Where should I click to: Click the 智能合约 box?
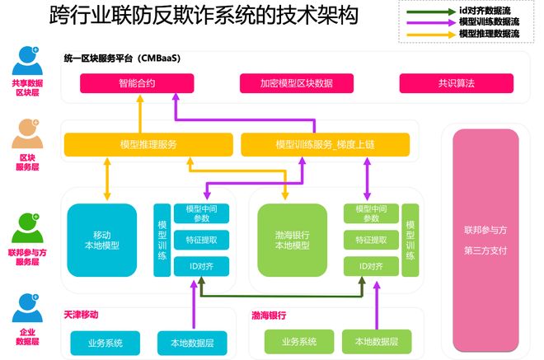[x=137, y=83]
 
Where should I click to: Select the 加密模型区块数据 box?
[x=297, y=83]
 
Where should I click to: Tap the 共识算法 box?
[x=457, y=83]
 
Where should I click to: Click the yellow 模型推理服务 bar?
[x=148, y=145]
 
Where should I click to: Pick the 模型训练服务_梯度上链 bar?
[x=325, y=145]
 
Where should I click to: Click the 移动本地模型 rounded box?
[x=101, y=240]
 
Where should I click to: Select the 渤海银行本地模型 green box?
[x=292, y=240]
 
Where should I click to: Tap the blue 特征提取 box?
[x=201, y=240]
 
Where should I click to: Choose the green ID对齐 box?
[x=371, y=266]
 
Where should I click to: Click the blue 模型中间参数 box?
[x=201, y=213]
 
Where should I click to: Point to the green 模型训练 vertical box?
[x=410, y=240]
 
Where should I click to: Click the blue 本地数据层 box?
[x=192, y=343]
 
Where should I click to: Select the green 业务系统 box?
[x=299, y=342]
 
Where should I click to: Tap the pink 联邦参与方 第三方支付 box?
[x=485, y=241]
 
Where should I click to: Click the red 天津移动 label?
[x=81, y=315]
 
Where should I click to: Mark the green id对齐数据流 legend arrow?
[x=431, y=12]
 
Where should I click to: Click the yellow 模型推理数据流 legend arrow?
[x=431, y=35]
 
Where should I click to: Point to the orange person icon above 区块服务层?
[x=27, y=133]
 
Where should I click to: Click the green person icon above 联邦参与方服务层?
[x=27, y=228]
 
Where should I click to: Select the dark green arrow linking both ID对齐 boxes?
[x=282, y=297]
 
